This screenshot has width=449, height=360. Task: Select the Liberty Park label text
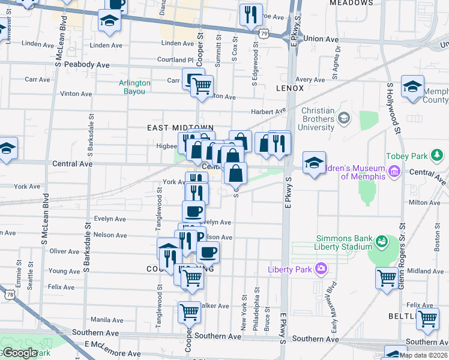tap(290, 269)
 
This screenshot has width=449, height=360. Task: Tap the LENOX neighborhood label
tap(291, 88)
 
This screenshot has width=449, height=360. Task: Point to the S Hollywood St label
tap(393, 109)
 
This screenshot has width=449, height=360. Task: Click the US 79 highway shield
tap(264, 34)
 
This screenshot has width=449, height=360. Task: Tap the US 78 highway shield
tap(9, 294)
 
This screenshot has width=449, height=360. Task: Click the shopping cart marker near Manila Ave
tap(189, 311)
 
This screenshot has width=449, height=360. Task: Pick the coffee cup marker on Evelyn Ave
tap(193, 211)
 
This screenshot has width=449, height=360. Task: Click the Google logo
tap(19, 353)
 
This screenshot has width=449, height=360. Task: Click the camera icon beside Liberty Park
tap(322, 268)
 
